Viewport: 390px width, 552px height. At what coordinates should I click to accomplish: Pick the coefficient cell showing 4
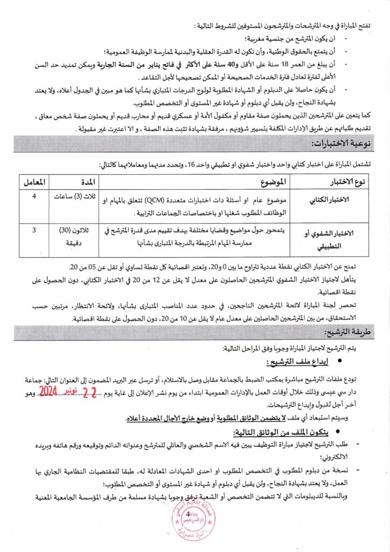(x=34, y=196)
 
